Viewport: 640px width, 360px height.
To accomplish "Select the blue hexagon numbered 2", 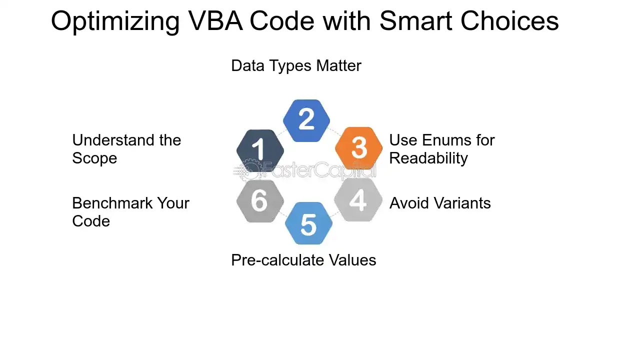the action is (x=306, y=120).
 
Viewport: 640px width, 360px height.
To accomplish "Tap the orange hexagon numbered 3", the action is (x=359, y=148).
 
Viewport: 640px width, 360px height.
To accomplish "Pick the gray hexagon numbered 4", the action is (x=358, y=200).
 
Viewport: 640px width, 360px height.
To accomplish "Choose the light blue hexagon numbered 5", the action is (x=309, y=223).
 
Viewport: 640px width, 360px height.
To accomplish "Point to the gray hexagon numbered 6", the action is (x=260, y=201).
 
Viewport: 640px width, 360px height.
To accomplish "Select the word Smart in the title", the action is (x=415, y=21).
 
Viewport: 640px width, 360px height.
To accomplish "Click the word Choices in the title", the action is (x=509, y=21).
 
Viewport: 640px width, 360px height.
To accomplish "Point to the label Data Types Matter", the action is (x=296, y=65).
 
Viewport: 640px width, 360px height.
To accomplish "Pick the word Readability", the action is (x=428, y=158).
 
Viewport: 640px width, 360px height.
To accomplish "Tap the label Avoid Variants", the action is (x=440, y=203).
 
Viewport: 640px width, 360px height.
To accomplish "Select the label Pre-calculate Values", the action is (x=303, y=260).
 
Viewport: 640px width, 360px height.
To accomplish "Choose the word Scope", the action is (x=94, y=158).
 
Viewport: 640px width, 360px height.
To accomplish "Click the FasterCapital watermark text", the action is (x=319, y=170).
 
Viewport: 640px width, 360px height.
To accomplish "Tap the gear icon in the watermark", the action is (x=250, y=170).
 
